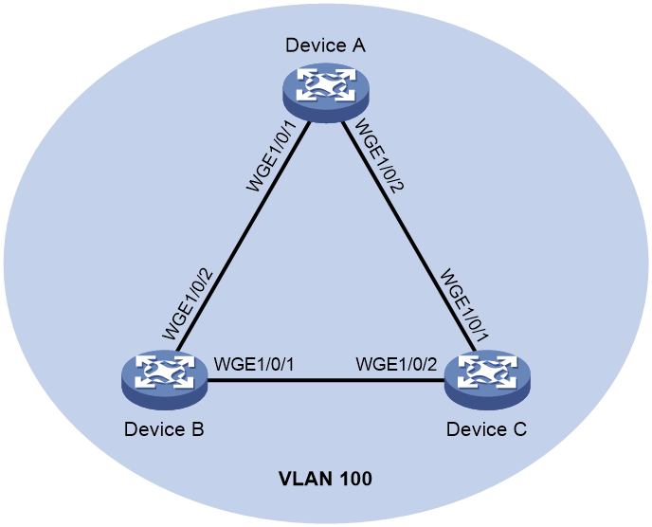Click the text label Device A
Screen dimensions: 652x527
pyautogui.click(x=326, y=45)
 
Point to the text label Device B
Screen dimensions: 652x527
pyautogui.click(x=164, y=429)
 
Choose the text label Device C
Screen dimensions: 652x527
pyautogui.click(x=486, y=429)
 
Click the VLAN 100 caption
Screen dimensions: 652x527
pyautogui.click(x=325, y=479)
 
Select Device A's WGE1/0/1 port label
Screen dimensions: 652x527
pyautogui.click(x=272, y=156)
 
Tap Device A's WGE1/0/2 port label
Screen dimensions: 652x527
pyautogui.click(x=378, y=155)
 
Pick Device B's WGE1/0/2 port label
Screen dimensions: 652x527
pyautogui.click(x=188, y=304)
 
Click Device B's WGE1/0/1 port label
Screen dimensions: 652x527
pyautogui.click(x=254, y=364)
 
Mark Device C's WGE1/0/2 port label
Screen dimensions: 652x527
pyautogui.click(x=397, y=364)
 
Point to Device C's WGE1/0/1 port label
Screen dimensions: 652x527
pyautogui.click(x=462, y=305)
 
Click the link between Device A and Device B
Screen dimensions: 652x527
pyautogui.click(x=244, y=236)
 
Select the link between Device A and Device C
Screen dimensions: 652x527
pyautogui.click(x=409, y=236)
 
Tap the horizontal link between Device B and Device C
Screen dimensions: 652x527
pyautogui.click(x=326, y=380)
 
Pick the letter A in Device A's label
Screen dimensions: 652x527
pyautogui.click(x=359, y=45)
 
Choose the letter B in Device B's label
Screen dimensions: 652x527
pyautogui.click(x=197, y=429)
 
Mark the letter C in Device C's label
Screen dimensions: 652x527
pyautogui.click(x=519, y=429)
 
